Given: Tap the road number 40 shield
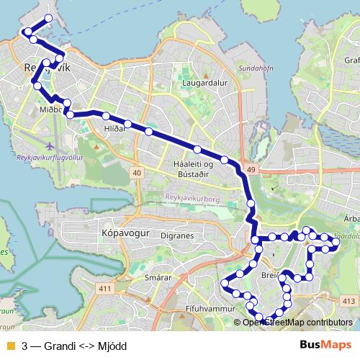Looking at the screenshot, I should (x=137, y=173).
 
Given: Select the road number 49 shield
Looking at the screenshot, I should (x=251, y=169).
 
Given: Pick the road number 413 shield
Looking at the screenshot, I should (x=348, y=301).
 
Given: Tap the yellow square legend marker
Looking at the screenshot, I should (x=9, y=345).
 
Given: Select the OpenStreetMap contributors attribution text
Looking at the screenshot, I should (x=297, y=323).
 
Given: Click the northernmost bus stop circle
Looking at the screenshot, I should (x=48, y=17).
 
